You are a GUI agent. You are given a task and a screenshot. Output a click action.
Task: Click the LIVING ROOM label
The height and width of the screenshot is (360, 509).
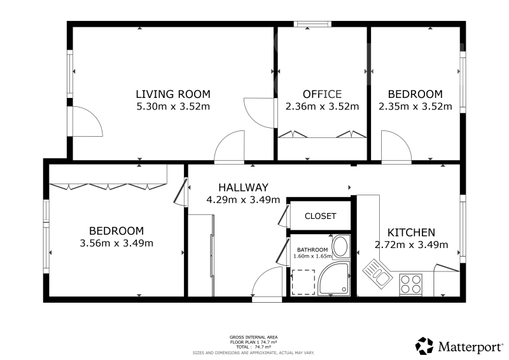tap(173, 94)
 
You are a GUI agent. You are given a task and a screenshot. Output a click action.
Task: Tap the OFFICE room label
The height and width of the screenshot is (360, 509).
tap(322, 94)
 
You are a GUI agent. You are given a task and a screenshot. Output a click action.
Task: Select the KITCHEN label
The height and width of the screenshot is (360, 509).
tap(411, 232)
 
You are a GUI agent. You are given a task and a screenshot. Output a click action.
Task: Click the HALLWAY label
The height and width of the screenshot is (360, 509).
tap(243, 187)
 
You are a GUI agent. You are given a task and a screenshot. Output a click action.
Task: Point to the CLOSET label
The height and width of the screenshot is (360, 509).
tap(321, 216)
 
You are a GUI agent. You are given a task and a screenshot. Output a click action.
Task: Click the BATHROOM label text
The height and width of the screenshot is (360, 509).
tap(312, 250)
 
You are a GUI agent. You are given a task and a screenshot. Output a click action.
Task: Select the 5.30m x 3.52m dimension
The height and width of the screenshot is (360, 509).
tap(173, 106)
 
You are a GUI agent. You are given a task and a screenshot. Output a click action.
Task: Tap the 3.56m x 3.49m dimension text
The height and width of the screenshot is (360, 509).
tap(116, 243)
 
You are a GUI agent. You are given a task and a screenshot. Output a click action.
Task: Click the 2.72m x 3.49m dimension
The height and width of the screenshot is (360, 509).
tap(411, 245)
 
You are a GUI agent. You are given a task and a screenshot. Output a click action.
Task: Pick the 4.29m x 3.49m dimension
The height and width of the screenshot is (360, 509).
tap(243, 200)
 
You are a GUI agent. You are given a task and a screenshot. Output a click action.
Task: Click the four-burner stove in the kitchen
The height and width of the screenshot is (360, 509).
tap(411, 284)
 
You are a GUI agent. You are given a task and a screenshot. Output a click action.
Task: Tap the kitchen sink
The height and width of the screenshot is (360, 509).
tap(377, 273)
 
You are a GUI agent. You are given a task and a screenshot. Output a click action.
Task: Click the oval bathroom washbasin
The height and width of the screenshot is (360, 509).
tap(340, 246)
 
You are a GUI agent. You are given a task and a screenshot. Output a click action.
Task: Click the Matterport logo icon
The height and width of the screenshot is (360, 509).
tap(424, 346)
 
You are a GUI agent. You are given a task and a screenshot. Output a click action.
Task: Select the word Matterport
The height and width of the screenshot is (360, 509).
tap(470, 347)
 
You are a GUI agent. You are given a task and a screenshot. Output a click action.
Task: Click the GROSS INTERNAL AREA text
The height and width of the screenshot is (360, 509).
tap(253, 337)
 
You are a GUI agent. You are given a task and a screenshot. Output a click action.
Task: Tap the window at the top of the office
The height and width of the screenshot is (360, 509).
tap(312, 24)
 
